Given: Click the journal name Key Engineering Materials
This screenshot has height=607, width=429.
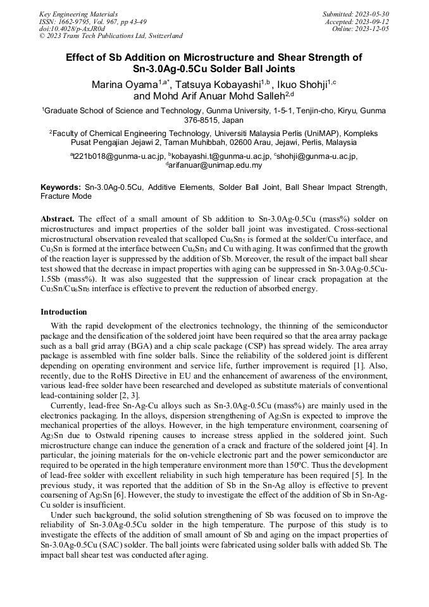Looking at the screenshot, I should (x=78, y=13).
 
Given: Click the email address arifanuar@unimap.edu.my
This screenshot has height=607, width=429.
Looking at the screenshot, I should (x=215, y=165).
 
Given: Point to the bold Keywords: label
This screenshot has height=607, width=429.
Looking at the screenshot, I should (x=61, y=187).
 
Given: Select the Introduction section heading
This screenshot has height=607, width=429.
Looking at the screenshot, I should (x=63, y=312).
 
